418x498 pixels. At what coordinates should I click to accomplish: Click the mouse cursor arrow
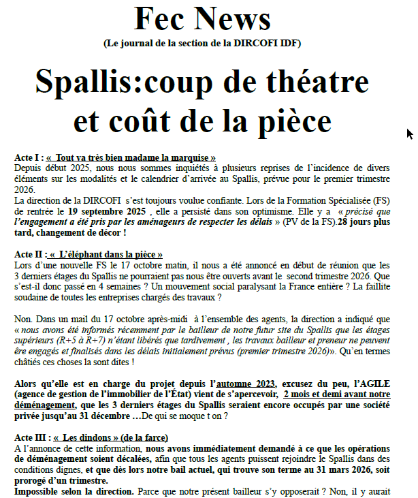point(409,134)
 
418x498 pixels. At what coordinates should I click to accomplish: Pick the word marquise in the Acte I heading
point(192,157)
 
